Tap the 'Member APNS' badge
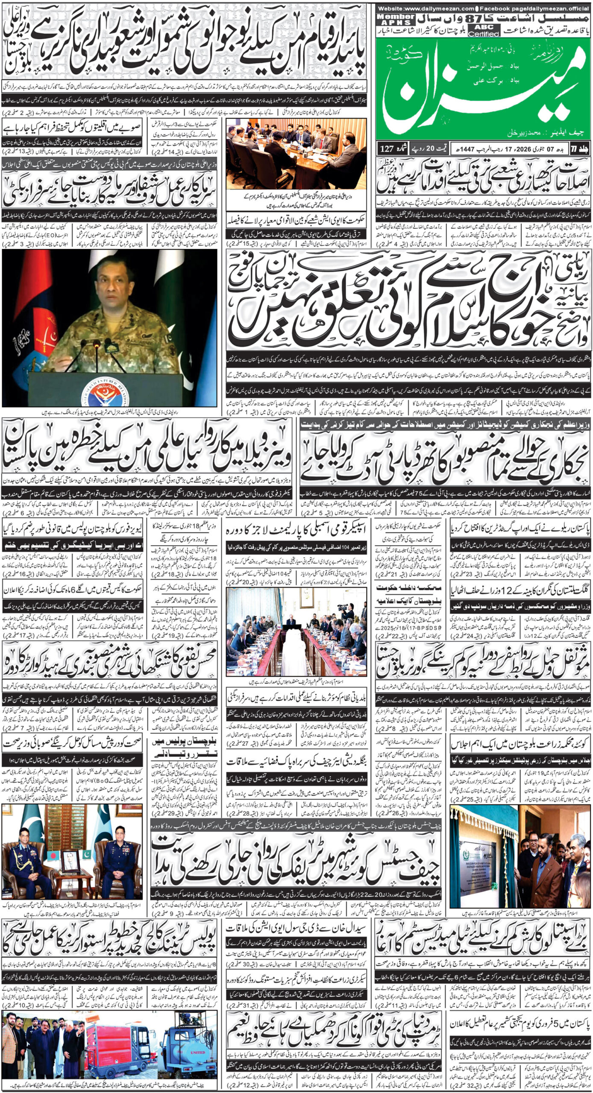[x=396, y=19]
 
